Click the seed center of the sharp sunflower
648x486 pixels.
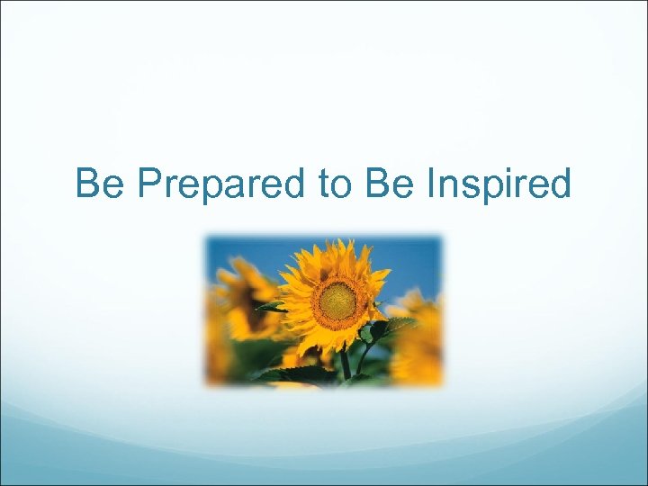(337, 301)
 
